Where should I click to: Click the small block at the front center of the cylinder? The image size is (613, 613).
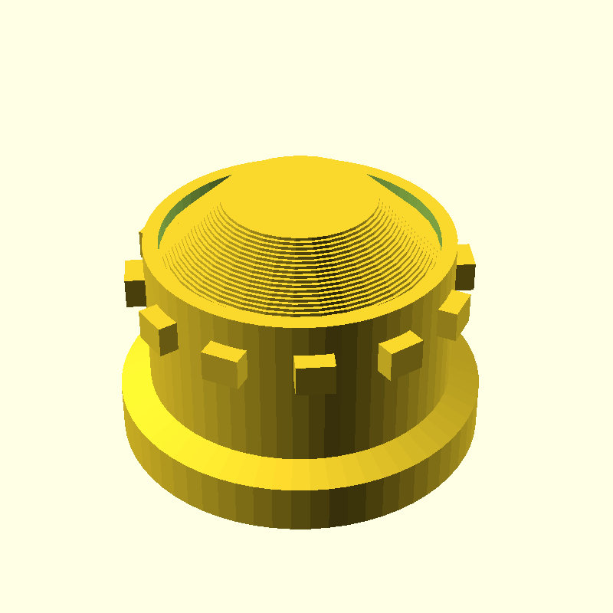point(315,373)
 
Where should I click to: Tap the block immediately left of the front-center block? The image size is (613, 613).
point(224,363)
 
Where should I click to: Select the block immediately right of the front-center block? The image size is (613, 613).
point(400,355)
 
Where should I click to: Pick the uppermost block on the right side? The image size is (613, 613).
point(464,267)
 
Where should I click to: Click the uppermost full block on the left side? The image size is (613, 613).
point(135,282)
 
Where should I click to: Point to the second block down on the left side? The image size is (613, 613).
point(159,329)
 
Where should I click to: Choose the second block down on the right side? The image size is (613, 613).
point(453,314)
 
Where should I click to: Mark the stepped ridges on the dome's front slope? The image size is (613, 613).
point(306,268)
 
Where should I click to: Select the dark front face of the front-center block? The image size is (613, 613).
point(315,380)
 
